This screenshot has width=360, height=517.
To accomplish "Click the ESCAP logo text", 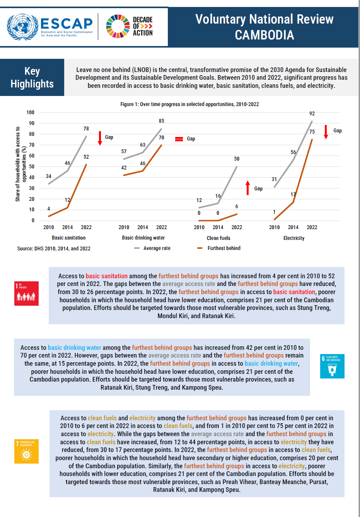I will point(67,24).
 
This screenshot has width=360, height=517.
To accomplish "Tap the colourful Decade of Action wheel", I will point(118,26).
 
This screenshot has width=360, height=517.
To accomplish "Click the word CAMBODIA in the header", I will point(264,35).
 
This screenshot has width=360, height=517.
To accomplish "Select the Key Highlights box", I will point(32,77).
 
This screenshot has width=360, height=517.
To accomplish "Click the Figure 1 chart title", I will point(189,104).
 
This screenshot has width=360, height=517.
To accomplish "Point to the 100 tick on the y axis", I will point(31,113).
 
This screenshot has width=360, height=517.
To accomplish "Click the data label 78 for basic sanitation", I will point(86,128).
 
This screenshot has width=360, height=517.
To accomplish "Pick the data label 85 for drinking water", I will point(162,121).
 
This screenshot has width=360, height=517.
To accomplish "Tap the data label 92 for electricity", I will point(312,113).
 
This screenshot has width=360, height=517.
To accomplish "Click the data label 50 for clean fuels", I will point(237,159).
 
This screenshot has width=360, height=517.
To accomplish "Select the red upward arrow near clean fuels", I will point(248,188).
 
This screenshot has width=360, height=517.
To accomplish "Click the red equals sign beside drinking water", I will point(179,139).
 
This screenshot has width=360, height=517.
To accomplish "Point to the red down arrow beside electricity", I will point(326,132).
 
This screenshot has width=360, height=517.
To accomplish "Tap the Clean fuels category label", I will point(218,238).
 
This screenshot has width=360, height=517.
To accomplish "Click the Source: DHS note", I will point(54,248).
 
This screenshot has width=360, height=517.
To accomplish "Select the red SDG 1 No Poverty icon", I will point(26,293).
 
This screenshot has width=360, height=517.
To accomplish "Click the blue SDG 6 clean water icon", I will point(333,366).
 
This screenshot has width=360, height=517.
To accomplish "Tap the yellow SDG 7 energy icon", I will point(26,451).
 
